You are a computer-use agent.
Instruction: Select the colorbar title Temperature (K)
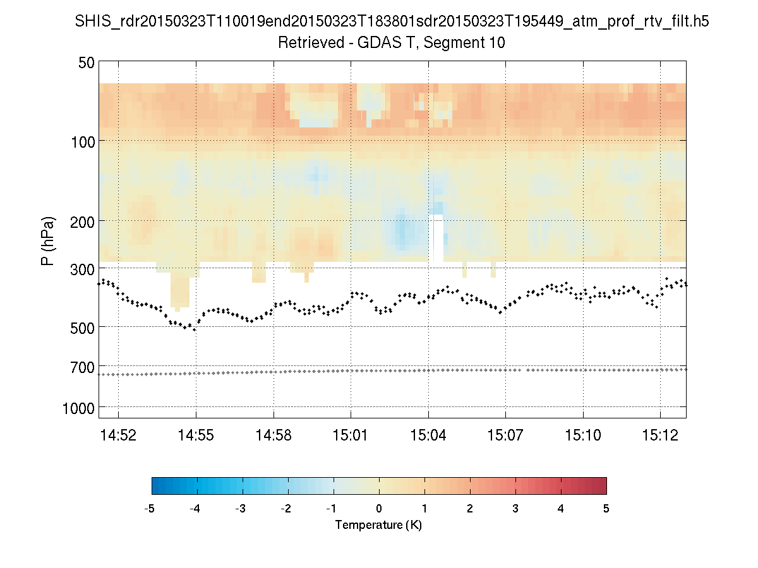[x=378, y=525]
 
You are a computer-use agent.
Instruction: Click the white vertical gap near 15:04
[x=436, y=238]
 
